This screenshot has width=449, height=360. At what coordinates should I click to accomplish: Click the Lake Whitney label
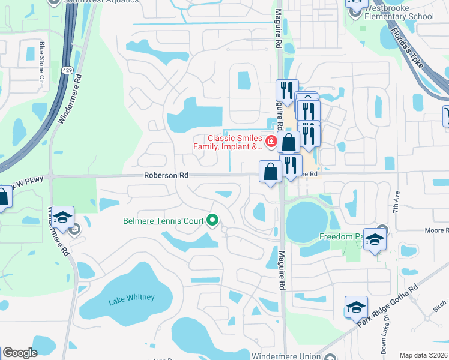tap(132, 298)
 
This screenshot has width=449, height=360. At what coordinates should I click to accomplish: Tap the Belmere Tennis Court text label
tap(163, 221)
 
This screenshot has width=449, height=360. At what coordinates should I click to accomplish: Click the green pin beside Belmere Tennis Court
tap(212, 221)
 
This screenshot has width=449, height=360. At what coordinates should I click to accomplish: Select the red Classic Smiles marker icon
tap(271, 142)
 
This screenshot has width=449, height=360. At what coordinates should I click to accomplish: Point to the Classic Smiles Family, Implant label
tap(228, 142)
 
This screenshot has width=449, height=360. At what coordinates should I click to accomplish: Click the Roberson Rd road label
tap(166, 175)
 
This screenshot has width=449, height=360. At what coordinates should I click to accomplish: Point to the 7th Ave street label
tap(397, 204)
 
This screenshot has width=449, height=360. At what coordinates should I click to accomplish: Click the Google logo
tap(20, 353)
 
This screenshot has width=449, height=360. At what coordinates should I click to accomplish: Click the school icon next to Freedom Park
tap(375, 241)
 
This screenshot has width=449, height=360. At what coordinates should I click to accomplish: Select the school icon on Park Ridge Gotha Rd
tap(356, 308)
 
